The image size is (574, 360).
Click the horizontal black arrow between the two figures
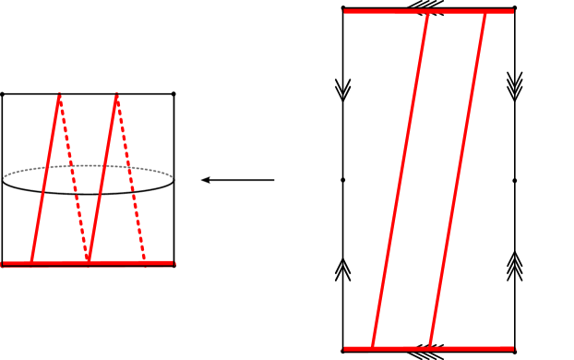pos(237,180)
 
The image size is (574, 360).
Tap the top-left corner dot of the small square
pos(2,94)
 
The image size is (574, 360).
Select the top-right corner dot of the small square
pos(173,94)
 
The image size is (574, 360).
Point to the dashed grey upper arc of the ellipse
pos(88,166)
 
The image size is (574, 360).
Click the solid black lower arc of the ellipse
pos(88,193)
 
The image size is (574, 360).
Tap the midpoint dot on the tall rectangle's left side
pos(343,180)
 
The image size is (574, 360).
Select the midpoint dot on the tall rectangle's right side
pos(515,180)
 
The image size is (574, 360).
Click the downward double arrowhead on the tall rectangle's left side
pos(343,90)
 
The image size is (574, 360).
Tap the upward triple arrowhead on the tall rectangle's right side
pos(515,267)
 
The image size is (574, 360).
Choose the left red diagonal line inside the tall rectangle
pos(400,180)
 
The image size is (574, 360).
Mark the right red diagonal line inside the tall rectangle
pos(458,180)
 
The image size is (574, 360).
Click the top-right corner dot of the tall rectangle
pos(514,8)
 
